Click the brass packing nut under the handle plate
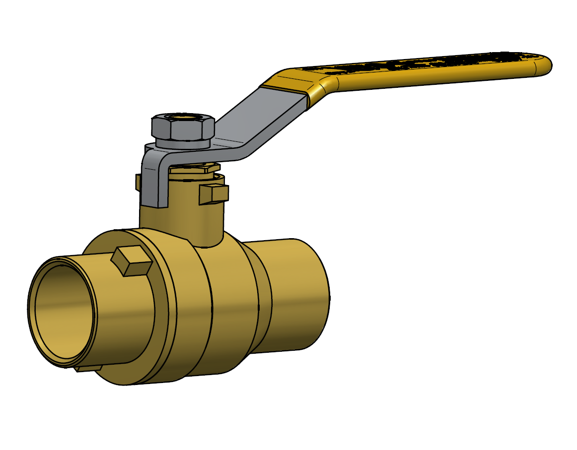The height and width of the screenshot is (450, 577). click(x=194, y=169)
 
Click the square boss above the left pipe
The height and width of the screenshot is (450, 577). click(x=131, y=261)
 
